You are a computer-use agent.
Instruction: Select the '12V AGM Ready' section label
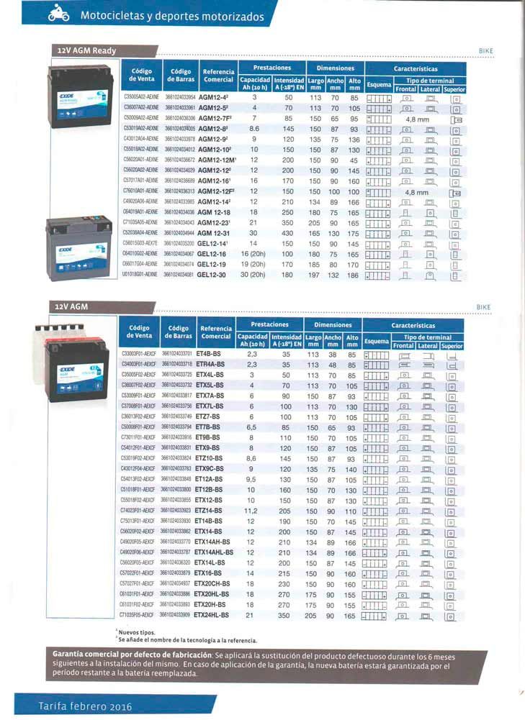[x=86, y=50]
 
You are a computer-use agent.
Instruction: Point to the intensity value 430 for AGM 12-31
[x=288, y=233]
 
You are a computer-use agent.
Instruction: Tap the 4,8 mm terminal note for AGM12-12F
[x=416, y=193]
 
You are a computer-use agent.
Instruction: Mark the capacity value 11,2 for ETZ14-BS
[x=252, y=510]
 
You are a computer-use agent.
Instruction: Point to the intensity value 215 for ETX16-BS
[x=286, y=573]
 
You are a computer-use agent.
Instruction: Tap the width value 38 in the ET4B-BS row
[x=333, y=354]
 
